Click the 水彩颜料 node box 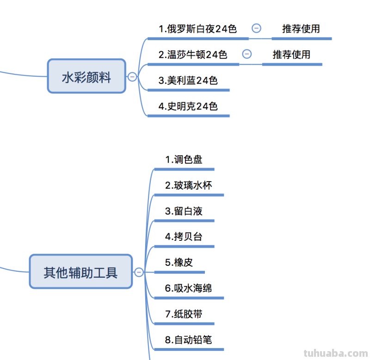86,76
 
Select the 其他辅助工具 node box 81,272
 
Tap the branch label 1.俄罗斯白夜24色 197,29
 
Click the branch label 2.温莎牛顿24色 193,55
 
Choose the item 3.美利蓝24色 188,80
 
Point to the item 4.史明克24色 188,106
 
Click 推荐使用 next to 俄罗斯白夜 301,29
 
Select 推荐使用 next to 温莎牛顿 291,55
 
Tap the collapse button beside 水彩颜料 132,77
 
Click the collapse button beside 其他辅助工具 139,272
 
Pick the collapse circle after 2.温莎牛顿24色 247,54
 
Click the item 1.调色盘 184,160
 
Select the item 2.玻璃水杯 188,186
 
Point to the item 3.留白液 184,211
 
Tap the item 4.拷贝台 184,237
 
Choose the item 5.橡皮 179,262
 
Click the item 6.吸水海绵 188,288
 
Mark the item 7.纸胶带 184,314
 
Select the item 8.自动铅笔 188,340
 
